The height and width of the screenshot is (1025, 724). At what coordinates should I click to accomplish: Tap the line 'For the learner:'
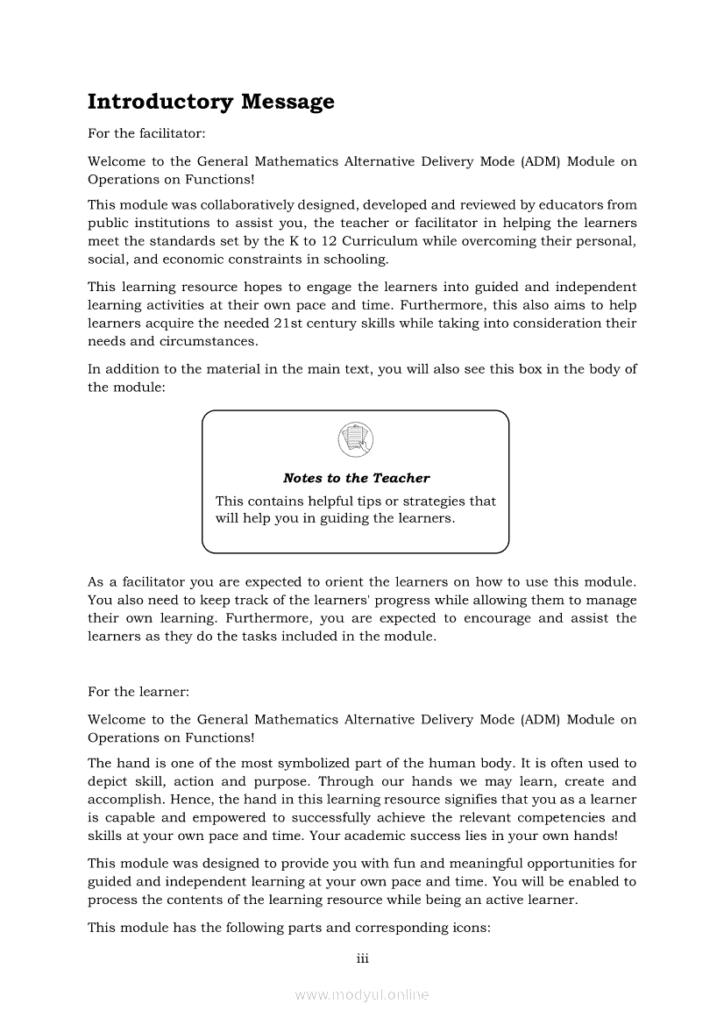(138, 691)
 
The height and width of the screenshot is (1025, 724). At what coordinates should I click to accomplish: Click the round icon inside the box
(355, 439)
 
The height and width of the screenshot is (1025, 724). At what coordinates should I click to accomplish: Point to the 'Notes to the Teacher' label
(356, 478)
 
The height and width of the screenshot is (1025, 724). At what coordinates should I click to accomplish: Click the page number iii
(362, 958)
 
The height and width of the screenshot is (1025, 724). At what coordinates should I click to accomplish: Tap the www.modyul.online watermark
(362, 994)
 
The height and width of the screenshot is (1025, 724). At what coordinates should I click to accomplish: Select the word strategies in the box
(437, 502)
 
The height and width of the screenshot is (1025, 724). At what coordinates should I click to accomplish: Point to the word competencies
(547, 818)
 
